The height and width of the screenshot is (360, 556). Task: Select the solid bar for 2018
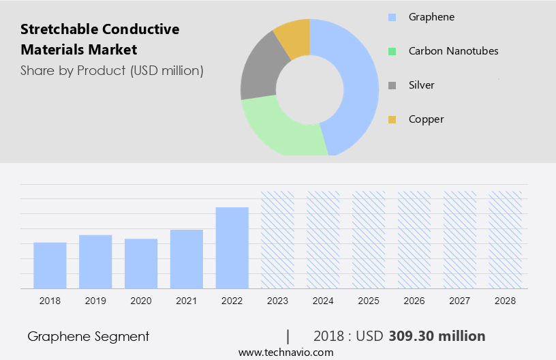[50, 265]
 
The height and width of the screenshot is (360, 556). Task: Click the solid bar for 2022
[232, 247]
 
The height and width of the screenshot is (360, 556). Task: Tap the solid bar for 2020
[141, 263]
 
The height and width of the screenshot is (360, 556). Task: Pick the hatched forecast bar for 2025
[369, 239]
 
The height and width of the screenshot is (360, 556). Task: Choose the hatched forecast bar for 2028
[506, 239]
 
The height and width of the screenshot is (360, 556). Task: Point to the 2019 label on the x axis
[95, 301]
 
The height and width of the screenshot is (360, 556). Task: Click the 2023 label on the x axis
[277, 301]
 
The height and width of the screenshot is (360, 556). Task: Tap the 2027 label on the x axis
[460, 301]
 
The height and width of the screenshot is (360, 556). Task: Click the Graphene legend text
[431, 16]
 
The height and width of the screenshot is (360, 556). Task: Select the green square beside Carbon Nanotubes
[392, 51]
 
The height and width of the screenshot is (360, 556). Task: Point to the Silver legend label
[421, 85]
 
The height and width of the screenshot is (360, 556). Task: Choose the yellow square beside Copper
[392, 120]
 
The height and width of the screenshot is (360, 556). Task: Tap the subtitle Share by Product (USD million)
[112, 70]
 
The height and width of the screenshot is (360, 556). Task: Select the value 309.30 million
[437, 336]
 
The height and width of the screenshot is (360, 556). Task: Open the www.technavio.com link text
[286, 352]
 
